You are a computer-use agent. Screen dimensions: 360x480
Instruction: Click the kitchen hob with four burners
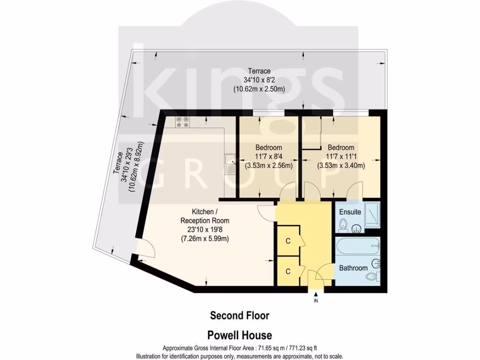pyautogui.click(x=182, y=122)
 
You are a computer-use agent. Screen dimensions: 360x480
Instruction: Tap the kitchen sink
pyautogui.click(x=230, y=165)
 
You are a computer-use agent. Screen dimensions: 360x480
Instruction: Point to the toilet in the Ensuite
pyautogui.click(x=344, y=224)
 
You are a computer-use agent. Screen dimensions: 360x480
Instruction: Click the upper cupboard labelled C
pyautogui.click(x=288, y=240)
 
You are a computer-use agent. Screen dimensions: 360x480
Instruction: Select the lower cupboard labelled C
pyautogui.click(x=288, y=271)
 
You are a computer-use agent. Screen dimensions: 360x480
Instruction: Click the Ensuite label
pyautogui.click(x=350, y=212)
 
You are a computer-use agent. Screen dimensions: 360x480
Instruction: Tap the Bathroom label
pyautogui.click(x=353, y=268)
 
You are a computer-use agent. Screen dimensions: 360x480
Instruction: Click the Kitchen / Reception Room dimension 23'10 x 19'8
pyautogui.click(x=205, y=230)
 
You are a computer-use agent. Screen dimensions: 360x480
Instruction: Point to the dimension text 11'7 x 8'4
pyautogui.click(x=269, y=157)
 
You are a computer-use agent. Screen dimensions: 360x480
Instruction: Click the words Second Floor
pyautogui.click(x=240, y=315)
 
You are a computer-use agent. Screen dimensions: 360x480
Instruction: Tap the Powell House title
pyautogui.click(x=240, y=335)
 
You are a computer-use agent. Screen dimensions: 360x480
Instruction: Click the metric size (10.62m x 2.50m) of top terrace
pyautogui.click(x=259, y=88)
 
